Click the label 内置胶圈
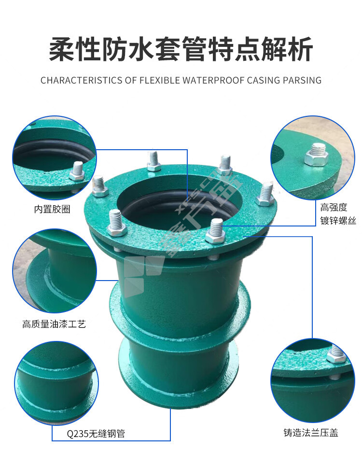52,210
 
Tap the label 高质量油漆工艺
54,324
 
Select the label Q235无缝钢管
96,434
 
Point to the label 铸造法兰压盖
311,432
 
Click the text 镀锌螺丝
338,221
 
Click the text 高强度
334,207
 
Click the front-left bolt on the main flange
116,223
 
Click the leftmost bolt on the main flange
100,186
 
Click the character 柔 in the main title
61,49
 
